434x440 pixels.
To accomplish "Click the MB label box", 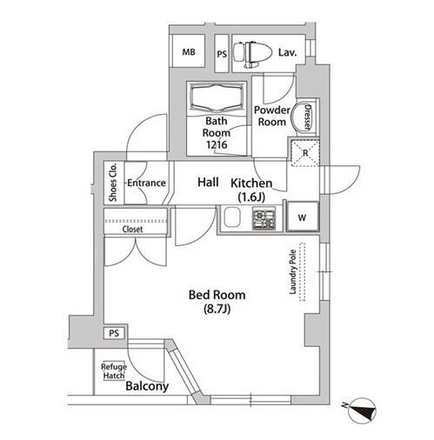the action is (189, 51).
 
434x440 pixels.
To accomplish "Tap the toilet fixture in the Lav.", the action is (252, 54).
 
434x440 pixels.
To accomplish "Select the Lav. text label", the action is (287, 52).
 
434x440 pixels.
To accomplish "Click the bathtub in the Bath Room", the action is (217, 97).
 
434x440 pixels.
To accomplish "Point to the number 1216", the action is (217, 144).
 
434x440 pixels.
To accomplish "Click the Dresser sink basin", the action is (301, 117).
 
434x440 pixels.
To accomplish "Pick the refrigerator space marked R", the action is (305, 153).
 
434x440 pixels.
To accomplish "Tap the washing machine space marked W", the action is (303, 217).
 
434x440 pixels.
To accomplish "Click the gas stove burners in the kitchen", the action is (264, 219).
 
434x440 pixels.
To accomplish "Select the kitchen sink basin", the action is (232, 217).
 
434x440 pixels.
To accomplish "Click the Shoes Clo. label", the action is (113, 183).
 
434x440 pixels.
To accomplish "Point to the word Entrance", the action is (146, 183).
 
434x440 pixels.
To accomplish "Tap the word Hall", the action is (208, 182).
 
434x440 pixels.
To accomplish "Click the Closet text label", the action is (132, 230).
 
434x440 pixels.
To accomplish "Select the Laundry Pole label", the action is (293, 272).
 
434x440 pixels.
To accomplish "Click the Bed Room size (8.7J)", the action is (217, 310).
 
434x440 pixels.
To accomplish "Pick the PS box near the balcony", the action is (114, 333).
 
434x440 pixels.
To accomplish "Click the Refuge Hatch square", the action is (114, 371).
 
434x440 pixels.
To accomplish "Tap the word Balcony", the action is (147, 386).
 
